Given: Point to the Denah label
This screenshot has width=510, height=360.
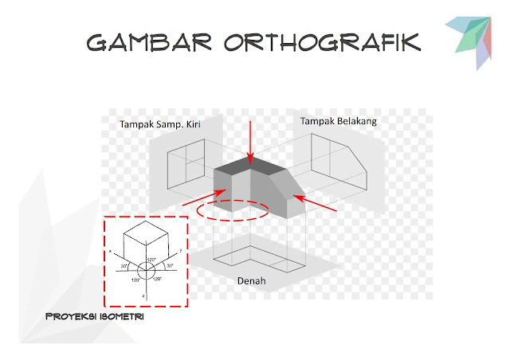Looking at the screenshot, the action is click(x=252, y=281).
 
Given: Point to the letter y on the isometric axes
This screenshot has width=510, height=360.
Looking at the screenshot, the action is click(x=181, y=250).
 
